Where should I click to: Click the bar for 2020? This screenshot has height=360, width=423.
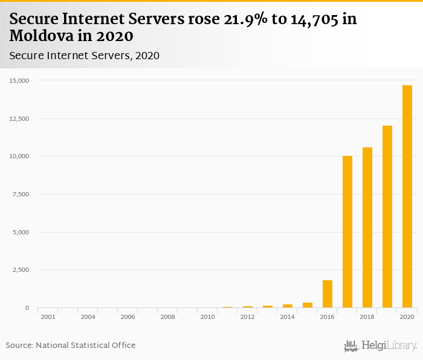pos(407,196)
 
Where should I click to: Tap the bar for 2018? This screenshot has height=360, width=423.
pos(367,227)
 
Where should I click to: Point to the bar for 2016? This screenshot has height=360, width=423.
pos(328,294)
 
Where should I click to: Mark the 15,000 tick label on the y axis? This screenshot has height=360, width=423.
pos(19,80)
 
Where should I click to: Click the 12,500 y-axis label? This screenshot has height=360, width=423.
pos(19,118)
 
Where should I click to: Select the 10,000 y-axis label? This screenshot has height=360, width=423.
pos(19,156)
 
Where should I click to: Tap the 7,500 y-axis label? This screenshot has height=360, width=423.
pos(21,194)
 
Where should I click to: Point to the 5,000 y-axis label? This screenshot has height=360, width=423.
pos(21,232)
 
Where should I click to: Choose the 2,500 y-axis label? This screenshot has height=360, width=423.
pos(21,270)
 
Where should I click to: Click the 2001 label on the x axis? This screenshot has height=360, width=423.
pos(48,317)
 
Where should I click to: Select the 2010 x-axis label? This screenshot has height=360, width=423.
pos(207,317)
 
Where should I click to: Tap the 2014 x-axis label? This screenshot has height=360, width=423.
pos(287,317)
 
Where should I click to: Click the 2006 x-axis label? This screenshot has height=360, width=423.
pos(128,317)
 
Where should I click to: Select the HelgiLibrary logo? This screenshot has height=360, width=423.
pos(380,346)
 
